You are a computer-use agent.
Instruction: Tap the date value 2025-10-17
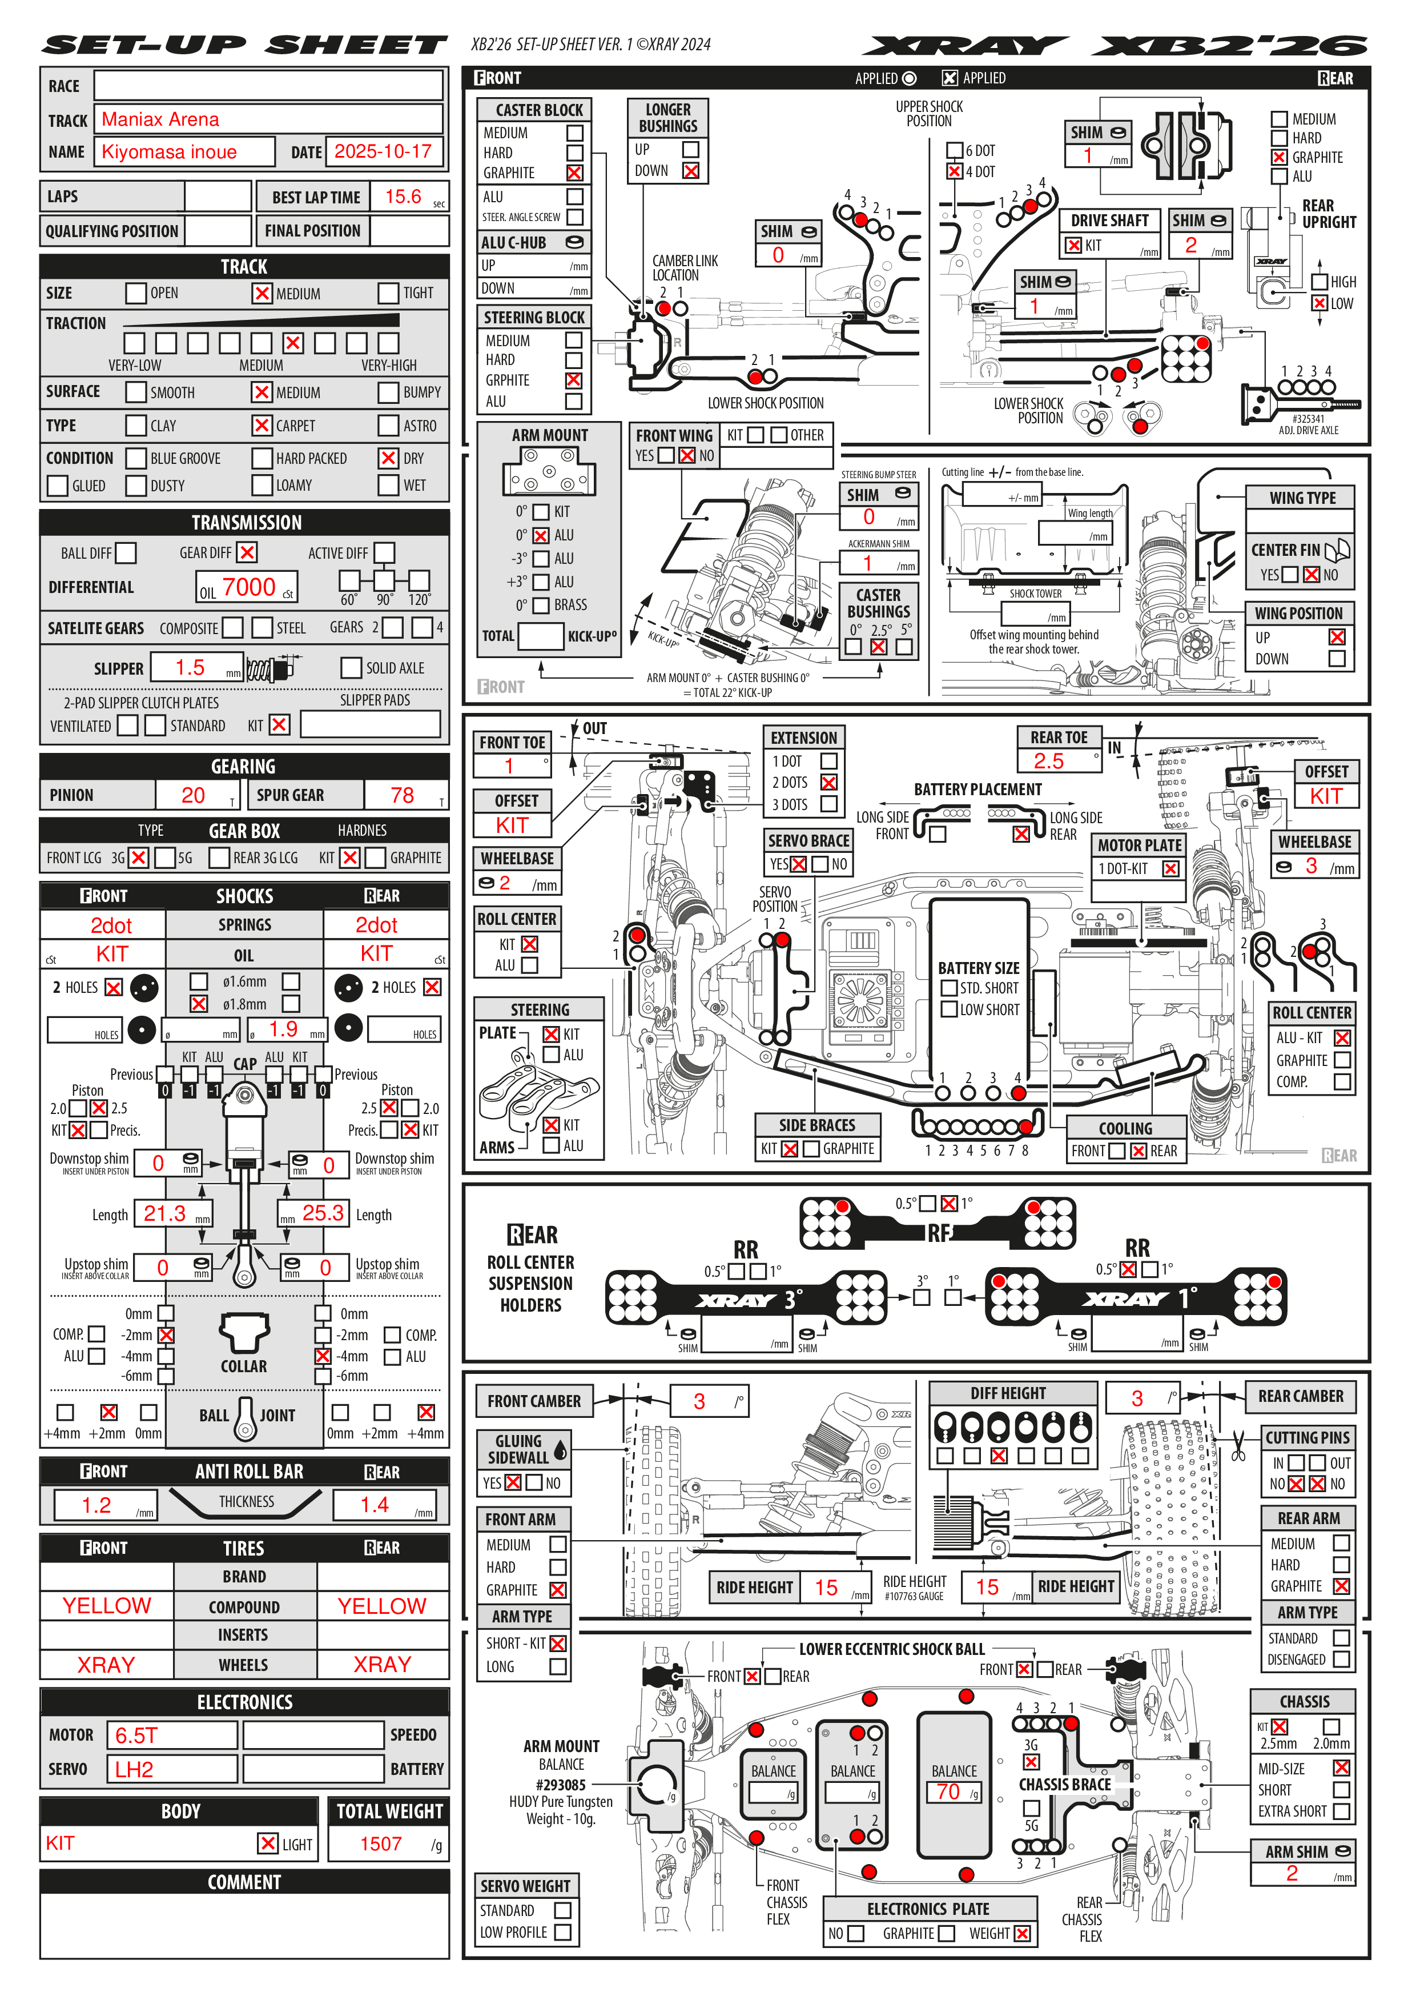[x=383, y=152]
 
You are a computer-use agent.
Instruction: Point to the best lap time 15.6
[x=403, y=197]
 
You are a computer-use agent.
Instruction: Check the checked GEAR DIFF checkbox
[x=248, y=552]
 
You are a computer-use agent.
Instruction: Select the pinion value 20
[x=193, y=795]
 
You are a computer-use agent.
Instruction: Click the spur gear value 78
[x=402, y=795]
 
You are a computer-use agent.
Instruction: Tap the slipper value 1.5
[x=190, y=668]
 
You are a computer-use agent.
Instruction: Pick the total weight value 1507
[x=381, y=1843]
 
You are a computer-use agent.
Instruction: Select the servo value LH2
[x=134, y=1769]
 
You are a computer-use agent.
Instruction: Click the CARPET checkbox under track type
[x=262, y=426]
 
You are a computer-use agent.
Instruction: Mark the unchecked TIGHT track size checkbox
[x=388, y=293]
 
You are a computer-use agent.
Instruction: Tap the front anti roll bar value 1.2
[x=97, y=1505]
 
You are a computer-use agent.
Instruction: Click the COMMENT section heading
[x=244, y=1883]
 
